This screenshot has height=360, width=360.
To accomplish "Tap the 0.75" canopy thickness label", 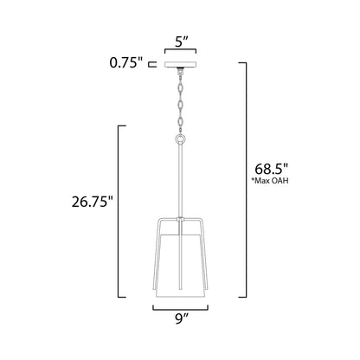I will click(129, 63).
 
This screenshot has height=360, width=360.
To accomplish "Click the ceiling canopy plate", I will click(180, 63).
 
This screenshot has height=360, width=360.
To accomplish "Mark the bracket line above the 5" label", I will click(180, 51).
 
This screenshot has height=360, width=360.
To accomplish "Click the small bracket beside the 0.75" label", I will click(152, 63).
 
